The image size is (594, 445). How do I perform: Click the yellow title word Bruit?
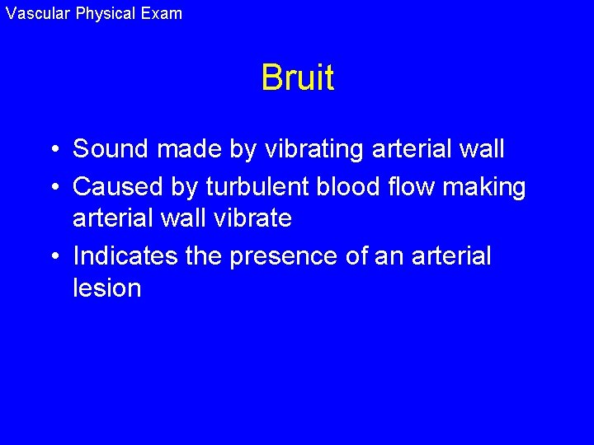[x=297, y=78]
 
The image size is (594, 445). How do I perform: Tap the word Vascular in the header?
[x=38, y=13]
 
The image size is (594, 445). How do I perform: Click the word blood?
[x=355, y=188]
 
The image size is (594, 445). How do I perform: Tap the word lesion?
[x=107, y=288]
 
